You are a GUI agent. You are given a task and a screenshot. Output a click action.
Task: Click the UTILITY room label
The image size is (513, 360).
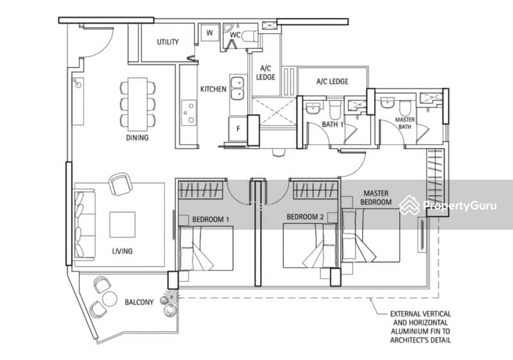pyautogui.click(x=168, y=42)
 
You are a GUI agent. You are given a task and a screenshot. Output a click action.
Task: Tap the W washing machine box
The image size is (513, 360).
pyautogui.click(x=209, y=32)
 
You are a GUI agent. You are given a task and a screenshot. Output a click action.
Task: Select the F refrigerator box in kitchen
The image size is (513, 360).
pyautogui.click(x=238, y=129)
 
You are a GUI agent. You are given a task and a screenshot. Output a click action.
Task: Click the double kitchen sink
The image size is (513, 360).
pyautogui.click(x=238, y=88)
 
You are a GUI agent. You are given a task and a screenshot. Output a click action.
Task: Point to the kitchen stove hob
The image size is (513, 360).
pyautogui.click(x=189, y=112)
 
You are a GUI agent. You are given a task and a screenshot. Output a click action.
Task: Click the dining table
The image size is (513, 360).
pyautogui.click(x=137, y=104)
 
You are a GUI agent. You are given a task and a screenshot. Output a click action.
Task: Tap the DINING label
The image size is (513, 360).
pyautogui.click(x=137, y=138)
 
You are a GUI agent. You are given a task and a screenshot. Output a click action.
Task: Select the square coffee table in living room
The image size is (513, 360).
pyautogui.click(x=123, y=225)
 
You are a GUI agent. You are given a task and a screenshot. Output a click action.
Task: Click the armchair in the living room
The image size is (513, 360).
pyautogui.click(x=121, y=184)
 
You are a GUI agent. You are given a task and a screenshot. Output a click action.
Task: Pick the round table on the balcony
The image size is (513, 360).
pyautogui.click(x=109, y=299)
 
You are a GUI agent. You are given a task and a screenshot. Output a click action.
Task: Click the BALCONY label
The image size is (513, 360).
pyautogui.click(x=139, y=302)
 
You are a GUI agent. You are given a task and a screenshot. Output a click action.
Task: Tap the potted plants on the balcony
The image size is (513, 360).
pyautogui.click(x=170, y=304)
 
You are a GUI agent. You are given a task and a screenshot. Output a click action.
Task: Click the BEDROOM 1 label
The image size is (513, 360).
pyautogui.click(x=211, y=219)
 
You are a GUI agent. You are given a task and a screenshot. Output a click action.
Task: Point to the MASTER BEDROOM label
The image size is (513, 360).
pyautogui.click(x=376, y=198)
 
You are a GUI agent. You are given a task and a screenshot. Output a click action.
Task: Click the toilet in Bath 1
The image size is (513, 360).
pyautogui.click(x=335, y=109)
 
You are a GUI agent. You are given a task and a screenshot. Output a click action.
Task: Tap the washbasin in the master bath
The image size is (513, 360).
pyautogui.click(x=388, y=103)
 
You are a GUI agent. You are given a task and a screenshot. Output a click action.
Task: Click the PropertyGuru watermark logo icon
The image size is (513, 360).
pyautogui.click(x=409, y=205)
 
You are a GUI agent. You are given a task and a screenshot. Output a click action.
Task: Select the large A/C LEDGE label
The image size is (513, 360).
pyautogui.click(x=332, y=81)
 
